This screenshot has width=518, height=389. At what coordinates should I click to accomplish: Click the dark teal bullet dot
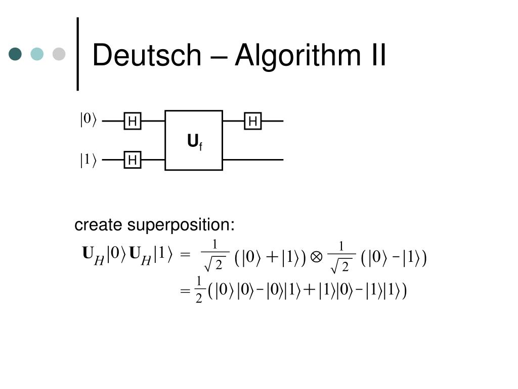[16, 54]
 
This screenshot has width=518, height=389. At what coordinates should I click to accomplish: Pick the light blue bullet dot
[37, 54]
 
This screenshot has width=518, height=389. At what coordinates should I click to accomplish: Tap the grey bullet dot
[59, 54]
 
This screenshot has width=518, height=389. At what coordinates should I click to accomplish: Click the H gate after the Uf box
[253, 122]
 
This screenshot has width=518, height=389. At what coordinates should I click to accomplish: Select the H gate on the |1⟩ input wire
[133, 160]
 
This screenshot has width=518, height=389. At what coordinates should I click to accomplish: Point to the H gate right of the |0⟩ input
[133, 122]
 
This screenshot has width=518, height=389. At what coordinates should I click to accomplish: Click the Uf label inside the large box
[194, 142]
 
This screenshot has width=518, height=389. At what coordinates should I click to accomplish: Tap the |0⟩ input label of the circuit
[88, 120]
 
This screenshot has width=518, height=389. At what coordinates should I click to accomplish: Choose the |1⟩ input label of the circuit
[88, 160]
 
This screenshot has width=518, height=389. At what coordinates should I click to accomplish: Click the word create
[99, 225]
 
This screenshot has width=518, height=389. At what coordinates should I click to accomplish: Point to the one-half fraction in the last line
[199, 290]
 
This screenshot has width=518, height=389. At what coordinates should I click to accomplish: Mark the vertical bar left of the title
[77, 54]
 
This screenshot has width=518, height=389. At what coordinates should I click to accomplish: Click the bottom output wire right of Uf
[253, 160]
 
